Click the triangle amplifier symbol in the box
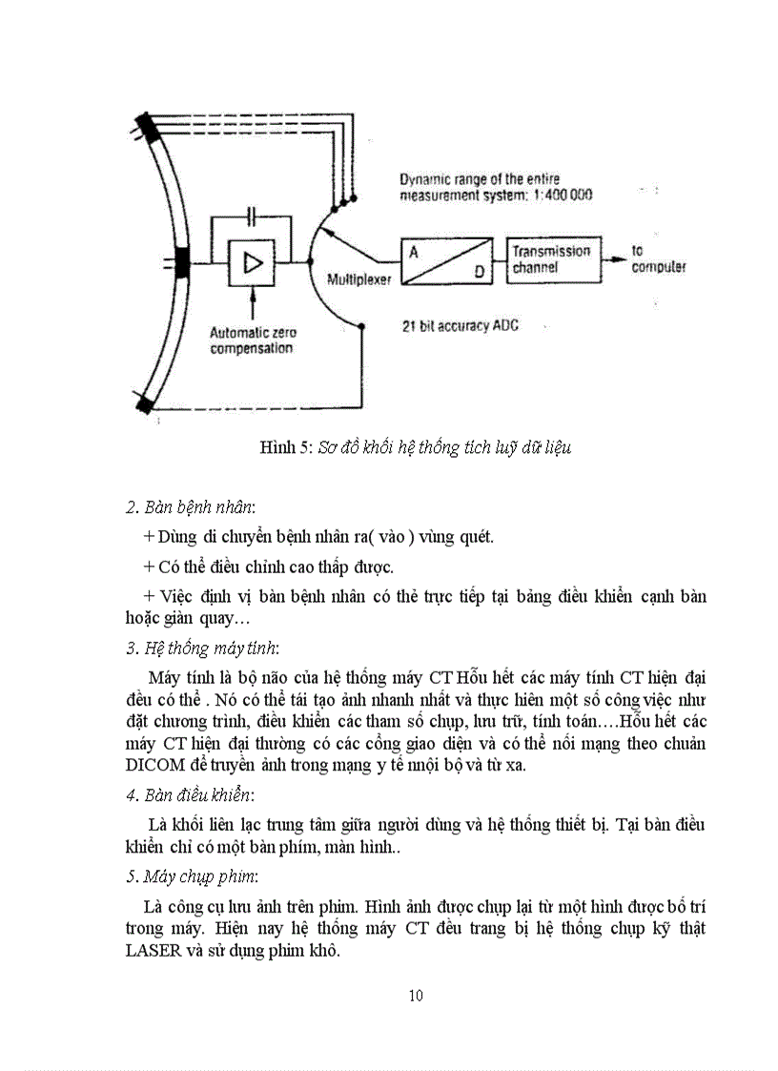[253, 262]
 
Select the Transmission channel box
[554, 258]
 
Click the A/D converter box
[445, 260]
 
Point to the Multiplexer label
[358, 280]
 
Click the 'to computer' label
[658, 259]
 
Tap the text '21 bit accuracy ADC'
[461, 325]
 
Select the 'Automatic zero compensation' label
[253, 340]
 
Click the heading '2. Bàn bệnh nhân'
[190, 505]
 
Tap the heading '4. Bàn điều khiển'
[190, 794]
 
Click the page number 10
[416, 996]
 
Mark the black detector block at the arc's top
[148, 125]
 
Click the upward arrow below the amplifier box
[253, 303]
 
